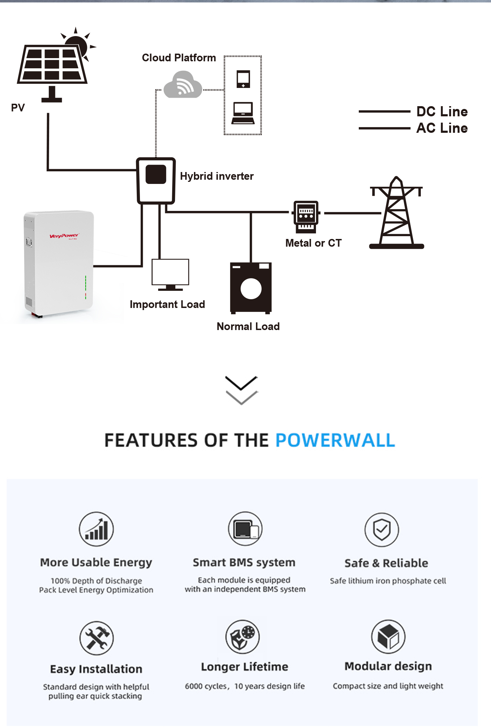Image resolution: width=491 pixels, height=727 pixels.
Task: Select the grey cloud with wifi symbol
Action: tap(183, 85)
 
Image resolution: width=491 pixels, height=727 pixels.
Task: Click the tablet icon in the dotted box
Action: tap(243, 79)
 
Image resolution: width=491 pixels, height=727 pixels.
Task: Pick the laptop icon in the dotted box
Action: tap(243, 113)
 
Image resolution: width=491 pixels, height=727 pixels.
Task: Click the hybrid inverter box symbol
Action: tap(156, 180)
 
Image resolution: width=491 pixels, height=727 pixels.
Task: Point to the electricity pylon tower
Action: tap(397, 214)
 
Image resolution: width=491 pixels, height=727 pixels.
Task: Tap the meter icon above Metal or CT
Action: tap(306, 216)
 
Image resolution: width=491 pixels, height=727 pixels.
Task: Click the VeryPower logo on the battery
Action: tap(64, 236)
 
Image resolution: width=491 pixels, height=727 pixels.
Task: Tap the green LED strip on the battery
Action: tap(86, 284)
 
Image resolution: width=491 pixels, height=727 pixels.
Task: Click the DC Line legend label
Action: tap(442, 111)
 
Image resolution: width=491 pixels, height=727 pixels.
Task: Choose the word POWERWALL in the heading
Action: tap(335, 440)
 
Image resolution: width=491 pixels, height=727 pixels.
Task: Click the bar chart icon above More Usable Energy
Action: tap(96, 529)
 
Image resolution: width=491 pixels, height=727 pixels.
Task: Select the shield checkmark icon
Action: tap(382, 529)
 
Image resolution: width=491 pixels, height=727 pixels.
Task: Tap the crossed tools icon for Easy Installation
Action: tap(96, 638)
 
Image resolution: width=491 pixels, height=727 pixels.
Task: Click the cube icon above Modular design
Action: tap(388, 637)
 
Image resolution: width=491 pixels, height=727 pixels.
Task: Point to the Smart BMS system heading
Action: tap(244, 563)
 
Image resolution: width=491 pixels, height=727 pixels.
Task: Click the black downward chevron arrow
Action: tap(241, 383)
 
